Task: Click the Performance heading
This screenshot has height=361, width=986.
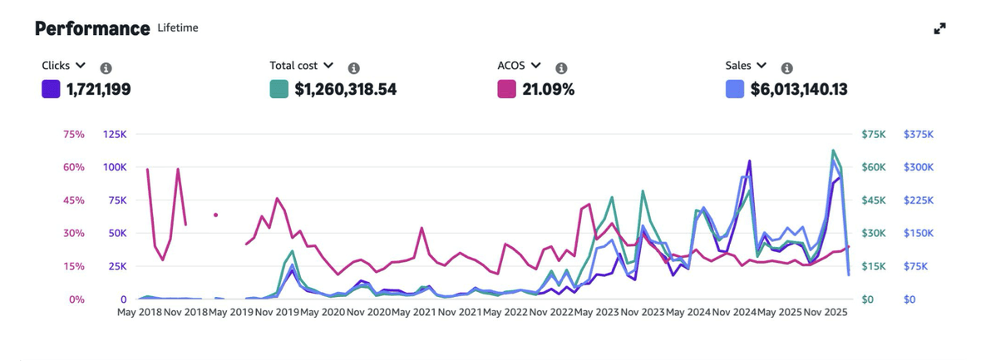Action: coord(92,28)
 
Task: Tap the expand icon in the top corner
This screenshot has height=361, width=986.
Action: coord(939,29)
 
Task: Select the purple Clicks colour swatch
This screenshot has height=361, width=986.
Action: coord(51,88)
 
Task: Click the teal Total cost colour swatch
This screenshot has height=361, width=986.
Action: coord(279,88)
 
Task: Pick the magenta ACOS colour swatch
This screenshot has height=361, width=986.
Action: coord(506,88)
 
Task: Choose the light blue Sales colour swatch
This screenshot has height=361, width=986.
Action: coord(734,88)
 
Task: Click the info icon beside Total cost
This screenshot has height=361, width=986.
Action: coord(353,68)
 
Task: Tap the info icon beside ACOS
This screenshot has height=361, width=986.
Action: coord(561,68)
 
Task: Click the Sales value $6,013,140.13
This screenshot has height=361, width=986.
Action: coord(799,89)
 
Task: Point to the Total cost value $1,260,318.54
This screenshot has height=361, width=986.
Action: coord(345,89)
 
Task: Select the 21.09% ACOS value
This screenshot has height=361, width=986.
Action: coord(548,89)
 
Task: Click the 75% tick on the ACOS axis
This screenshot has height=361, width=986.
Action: coord(75,134)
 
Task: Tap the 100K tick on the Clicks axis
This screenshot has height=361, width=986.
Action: coord(115,167)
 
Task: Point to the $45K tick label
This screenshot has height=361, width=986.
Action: coord(875,200)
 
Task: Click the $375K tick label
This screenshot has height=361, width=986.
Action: coord(919,134)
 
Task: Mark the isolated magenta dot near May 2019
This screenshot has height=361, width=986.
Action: coord(215,215)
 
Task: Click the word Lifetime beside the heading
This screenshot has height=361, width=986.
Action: coord(178,28)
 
